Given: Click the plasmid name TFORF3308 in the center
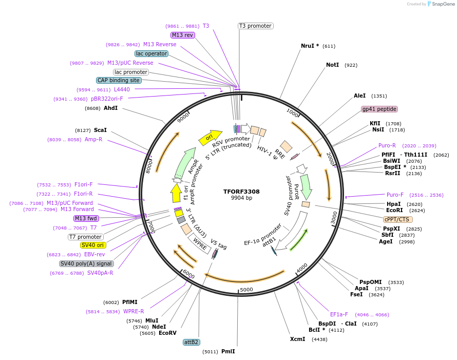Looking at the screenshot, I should tap(241, 192).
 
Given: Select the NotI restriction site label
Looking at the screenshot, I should tap(332, 65).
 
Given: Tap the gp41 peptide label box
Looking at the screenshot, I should tap(379, 109).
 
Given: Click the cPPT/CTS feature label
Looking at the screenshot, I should tap(398, 219).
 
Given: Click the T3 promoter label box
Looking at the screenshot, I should tap(255, 26).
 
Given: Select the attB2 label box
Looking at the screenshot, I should tap(191, 342).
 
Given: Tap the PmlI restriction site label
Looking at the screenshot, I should tap(228, 352).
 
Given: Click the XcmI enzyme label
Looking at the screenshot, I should tap(297, 339).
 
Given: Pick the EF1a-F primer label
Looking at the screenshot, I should tap(339, 314).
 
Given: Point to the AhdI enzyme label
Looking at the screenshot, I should tap(110, 108).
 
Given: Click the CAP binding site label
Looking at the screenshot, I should tap(119, 80).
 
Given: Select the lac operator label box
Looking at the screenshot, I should tap(151, 53).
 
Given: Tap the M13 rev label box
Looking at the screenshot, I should tap(183, 35).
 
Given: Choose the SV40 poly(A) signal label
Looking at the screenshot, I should tap(86, 263).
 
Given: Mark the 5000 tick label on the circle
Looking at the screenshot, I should tap(247, 290).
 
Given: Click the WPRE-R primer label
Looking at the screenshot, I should tap(134, 311).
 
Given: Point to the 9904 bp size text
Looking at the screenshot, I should tap(241, 198).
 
